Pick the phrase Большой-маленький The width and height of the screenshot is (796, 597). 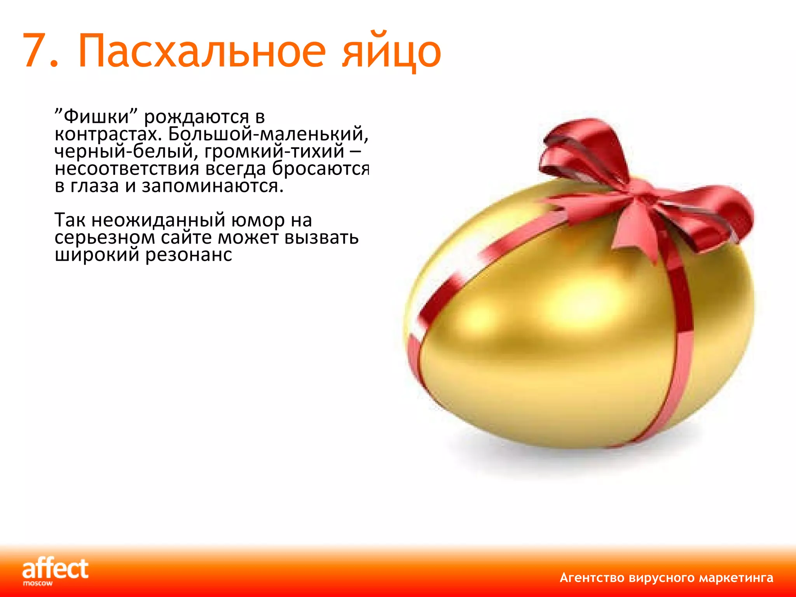(268, 134)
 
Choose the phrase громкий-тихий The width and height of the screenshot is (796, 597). (274, 152)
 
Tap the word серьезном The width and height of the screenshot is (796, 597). (105, 237)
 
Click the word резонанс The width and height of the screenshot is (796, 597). (189, 255)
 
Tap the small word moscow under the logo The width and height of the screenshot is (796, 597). (38, 583)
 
